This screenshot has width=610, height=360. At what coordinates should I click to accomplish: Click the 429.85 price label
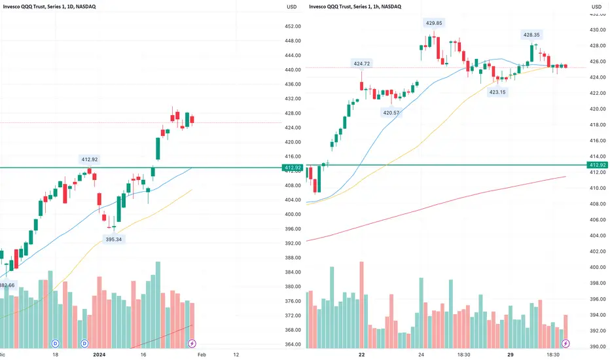click(434, 23)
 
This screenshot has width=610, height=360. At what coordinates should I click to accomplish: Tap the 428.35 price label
click(531, 34)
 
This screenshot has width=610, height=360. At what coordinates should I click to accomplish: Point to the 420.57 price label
click(391, 113)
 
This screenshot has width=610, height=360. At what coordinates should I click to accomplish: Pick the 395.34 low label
click(113, 240)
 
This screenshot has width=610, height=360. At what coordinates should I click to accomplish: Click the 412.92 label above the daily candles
click(88, 159)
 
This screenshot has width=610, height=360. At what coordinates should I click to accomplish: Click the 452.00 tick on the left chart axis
click(293, 27)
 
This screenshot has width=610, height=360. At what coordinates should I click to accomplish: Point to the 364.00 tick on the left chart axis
click(293, 344)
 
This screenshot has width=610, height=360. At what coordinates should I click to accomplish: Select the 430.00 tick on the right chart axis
click(595, 30)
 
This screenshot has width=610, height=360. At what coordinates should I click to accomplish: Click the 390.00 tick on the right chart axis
click(595, 348)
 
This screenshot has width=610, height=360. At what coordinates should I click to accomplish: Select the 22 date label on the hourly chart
click(361, 355)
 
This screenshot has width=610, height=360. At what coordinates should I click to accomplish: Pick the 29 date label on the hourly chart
click(515, 355)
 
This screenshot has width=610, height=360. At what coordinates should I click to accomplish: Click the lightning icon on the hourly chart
click(566, 343)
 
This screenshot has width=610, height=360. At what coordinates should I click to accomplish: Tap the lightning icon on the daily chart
click(192, 343)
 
